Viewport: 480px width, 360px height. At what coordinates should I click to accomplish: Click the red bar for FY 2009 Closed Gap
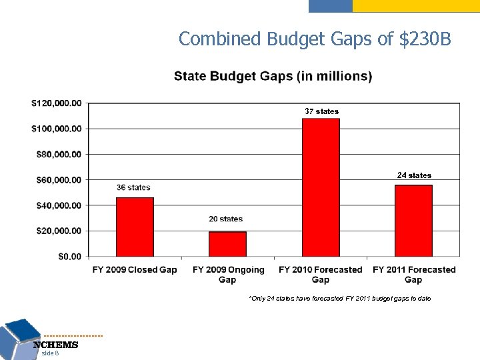point(135,227)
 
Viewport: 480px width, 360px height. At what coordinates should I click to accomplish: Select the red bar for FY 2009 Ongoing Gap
point(227,244)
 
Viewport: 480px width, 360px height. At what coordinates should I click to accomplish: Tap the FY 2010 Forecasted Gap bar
point(321,187)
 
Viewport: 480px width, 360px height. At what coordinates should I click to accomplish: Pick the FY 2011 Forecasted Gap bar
point(413,221)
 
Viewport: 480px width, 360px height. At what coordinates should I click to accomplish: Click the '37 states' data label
point(321,111)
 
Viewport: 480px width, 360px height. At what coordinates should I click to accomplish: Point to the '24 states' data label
point(414,175)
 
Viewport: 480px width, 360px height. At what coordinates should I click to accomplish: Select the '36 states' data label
point(133,187)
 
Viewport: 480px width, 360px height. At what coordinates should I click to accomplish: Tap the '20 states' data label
point(226,219)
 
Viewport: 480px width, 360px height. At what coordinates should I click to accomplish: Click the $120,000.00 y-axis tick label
point(56,103)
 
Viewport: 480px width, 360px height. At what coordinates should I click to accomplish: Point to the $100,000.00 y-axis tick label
point(56,128)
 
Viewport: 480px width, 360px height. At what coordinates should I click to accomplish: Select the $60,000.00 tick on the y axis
point(58,179)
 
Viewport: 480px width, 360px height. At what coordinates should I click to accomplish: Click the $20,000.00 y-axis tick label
point(58,231)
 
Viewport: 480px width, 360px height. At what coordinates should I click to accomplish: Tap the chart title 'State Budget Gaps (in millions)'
point(273,76)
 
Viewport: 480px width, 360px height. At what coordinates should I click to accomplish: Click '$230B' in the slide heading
point(425,39)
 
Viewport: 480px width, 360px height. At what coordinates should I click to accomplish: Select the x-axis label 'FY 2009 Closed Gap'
point(135,270)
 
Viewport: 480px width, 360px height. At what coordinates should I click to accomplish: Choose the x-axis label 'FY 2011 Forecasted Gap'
point(414,274)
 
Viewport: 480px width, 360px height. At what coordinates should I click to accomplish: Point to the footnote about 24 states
point(339,298)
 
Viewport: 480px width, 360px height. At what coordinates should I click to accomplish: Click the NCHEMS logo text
point(56,345)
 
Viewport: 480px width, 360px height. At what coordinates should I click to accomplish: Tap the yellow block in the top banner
point(415,6)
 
